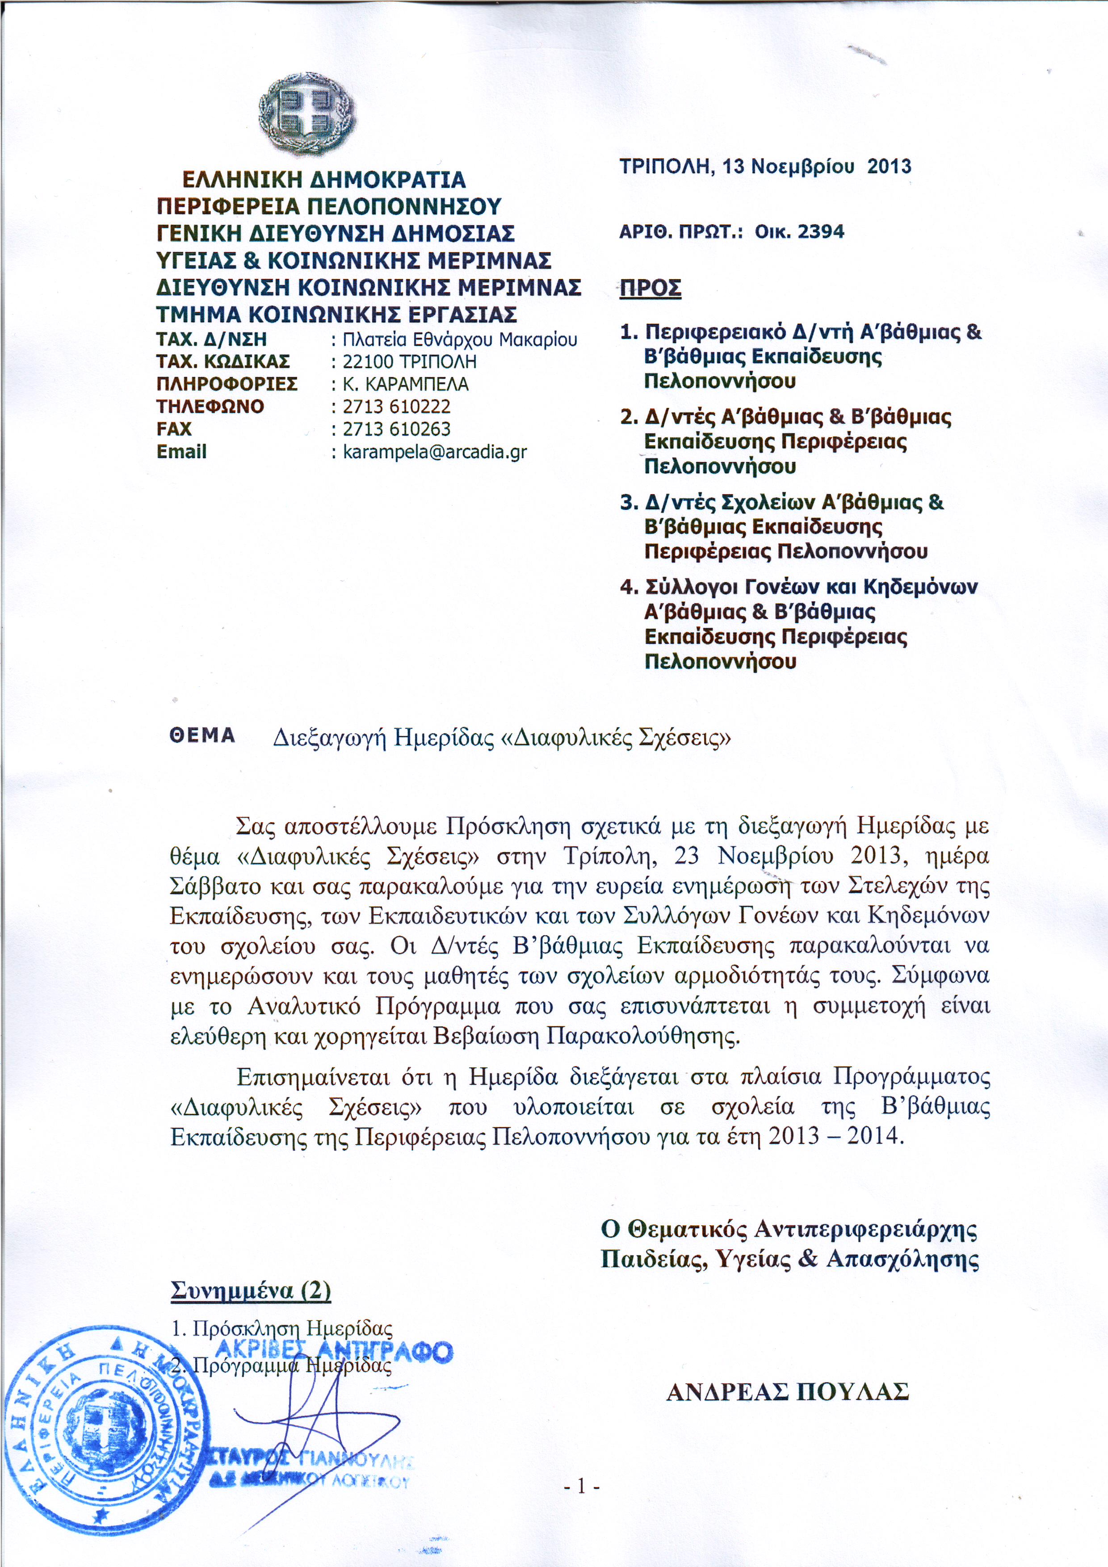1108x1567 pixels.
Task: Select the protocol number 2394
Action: pos(821,232)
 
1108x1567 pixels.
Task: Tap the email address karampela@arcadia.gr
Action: pos(435,452)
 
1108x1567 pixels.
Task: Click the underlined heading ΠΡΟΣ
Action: pos(650,289)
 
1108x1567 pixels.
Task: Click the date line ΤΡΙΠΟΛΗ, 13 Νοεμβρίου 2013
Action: pos(765,167)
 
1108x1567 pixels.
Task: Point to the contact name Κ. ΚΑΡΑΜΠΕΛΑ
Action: pos(405,384)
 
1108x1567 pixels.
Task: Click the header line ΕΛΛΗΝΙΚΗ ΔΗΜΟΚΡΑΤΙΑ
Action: pos(323,180)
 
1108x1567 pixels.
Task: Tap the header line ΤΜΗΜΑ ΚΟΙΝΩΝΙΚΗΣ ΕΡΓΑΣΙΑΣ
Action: pos(336,315)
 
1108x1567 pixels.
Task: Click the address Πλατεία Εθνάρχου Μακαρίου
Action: pos(460,339)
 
